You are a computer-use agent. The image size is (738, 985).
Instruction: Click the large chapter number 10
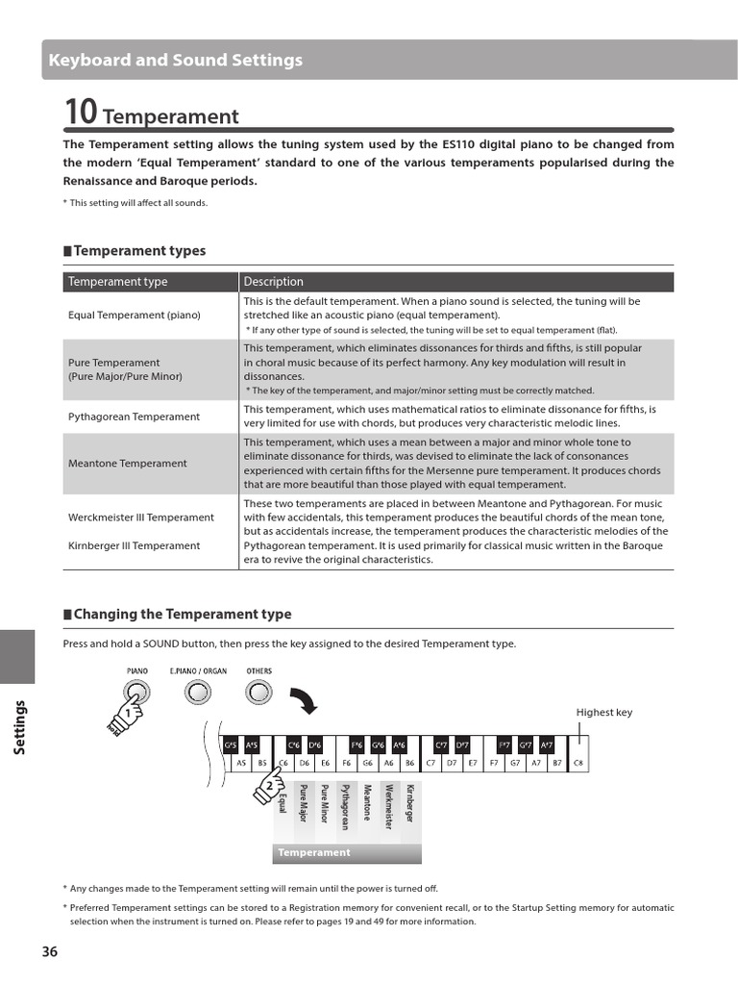click(81, 114)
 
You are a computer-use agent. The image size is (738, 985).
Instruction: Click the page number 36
click(50, 951)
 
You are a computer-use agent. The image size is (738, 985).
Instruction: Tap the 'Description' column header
click(273, 282)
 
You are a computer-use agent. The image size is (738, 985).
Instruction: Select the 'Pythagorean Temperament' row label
click(134, 417)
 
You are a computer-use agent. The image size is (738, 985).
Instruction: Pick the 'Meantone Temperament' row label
click(127, 463)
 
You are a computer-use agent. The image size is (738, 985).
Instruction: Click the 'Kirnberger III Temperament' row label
click(134, 545)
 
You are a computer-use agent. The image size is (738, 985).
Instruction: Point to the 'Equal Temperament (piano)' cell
click(135, 315)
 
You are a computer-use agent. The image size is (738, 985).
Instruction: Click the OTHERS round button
click(258, 692)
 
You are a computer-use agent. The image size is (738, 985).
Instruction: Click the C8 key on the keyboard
click(578, 763)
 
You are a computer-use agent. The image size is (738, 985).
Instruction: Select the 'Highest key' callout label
click(603, 712)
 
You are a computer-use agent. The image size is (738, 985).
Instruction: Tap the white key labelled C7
click(430, 763)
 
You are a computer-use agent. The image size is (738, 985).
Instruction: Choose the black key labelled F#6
click(357, 745)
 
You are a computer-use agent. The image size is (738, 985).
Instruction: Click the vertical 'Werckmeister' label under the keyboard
click(388, 806)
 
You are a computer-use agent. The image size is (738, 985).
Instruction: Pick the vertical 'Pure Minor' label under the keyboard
click(325, 804)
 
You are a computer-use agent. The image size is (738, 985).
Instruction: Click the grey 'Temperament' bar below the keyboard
click(346, 852)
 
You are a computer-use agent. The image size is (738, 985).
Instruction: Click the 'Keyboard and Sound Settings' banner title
click(176, 61)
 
